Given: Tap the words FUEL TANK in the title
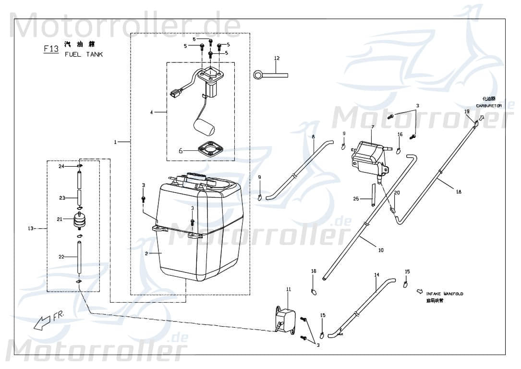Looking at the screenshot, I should point(84,54).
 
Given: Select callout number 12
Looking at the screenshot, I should point(277,58).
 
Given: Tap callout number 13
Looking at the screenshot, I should point(31,228).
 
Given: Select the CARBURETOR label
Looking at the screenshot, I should point(488,105).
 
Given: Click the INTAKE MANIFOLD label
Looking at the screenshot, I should point(445,294).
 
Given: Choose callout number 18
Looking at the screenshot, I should point(459,192).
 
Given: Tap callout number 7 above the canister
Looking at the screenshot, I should point(372,127).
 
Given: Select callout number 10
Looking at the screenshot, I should point(381,250).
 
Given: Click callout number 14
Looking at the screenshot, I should point(377,275).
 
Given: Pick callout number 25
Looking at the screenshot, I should point(356,198).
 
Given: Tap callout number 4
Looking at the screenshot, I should point(151,112).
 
